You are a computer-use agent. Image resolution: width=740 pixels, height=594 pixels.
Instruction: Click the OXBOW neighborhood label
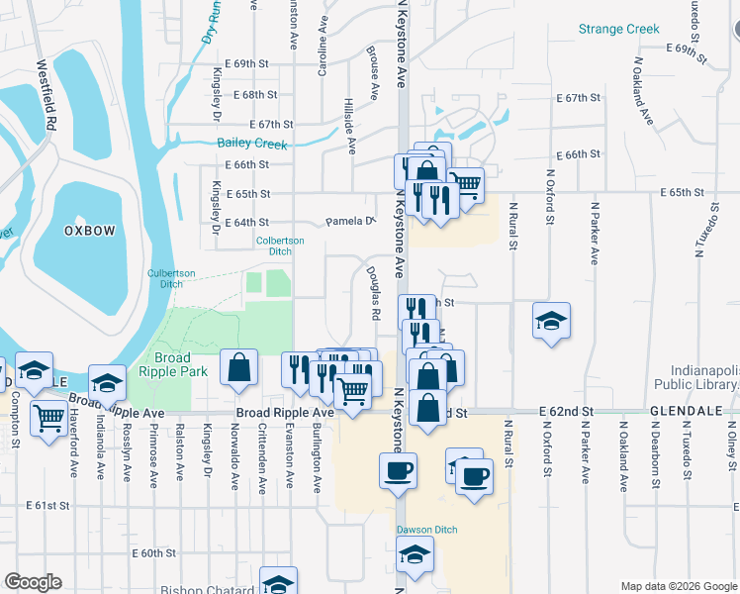tap(90, 230)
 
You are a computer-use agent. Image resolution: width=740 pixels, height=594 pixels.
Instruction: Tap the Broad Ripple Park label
tap(181, 364)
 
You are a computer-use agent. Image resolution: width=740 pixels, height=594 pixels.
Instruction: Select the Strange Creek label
tap(619, 30)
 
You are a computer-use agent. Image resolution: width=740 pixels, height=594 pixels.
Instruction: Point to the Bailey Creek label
tap(252, 145)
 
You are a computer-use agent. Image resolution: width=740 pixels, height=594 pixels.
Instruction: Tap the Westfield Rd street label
tap(45, 96)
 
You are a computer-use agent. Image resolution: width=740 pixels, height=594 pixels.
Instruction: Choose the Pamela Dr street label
tap(352, 222)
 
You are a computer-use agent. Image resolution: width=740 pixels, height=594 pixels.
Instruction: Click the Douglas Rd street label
tap(374, 293)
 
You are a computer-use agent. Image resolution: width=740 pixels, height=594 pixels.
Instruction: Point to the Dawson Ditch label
tap(427, 530)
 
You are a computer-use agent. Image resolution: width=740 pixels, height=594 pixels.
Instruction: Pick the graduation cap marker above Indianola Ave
tap(107, 382)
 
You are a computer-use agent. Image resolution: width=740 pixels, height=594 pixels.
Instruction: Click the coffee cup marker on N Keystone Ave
tap(398, 471)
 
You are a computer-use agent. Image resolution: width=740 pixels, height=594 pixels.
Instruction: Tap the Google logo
tap(34, 582)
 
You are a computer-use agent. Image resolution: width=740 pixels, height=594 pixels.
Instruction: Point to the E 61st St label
tap(49, 505)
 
